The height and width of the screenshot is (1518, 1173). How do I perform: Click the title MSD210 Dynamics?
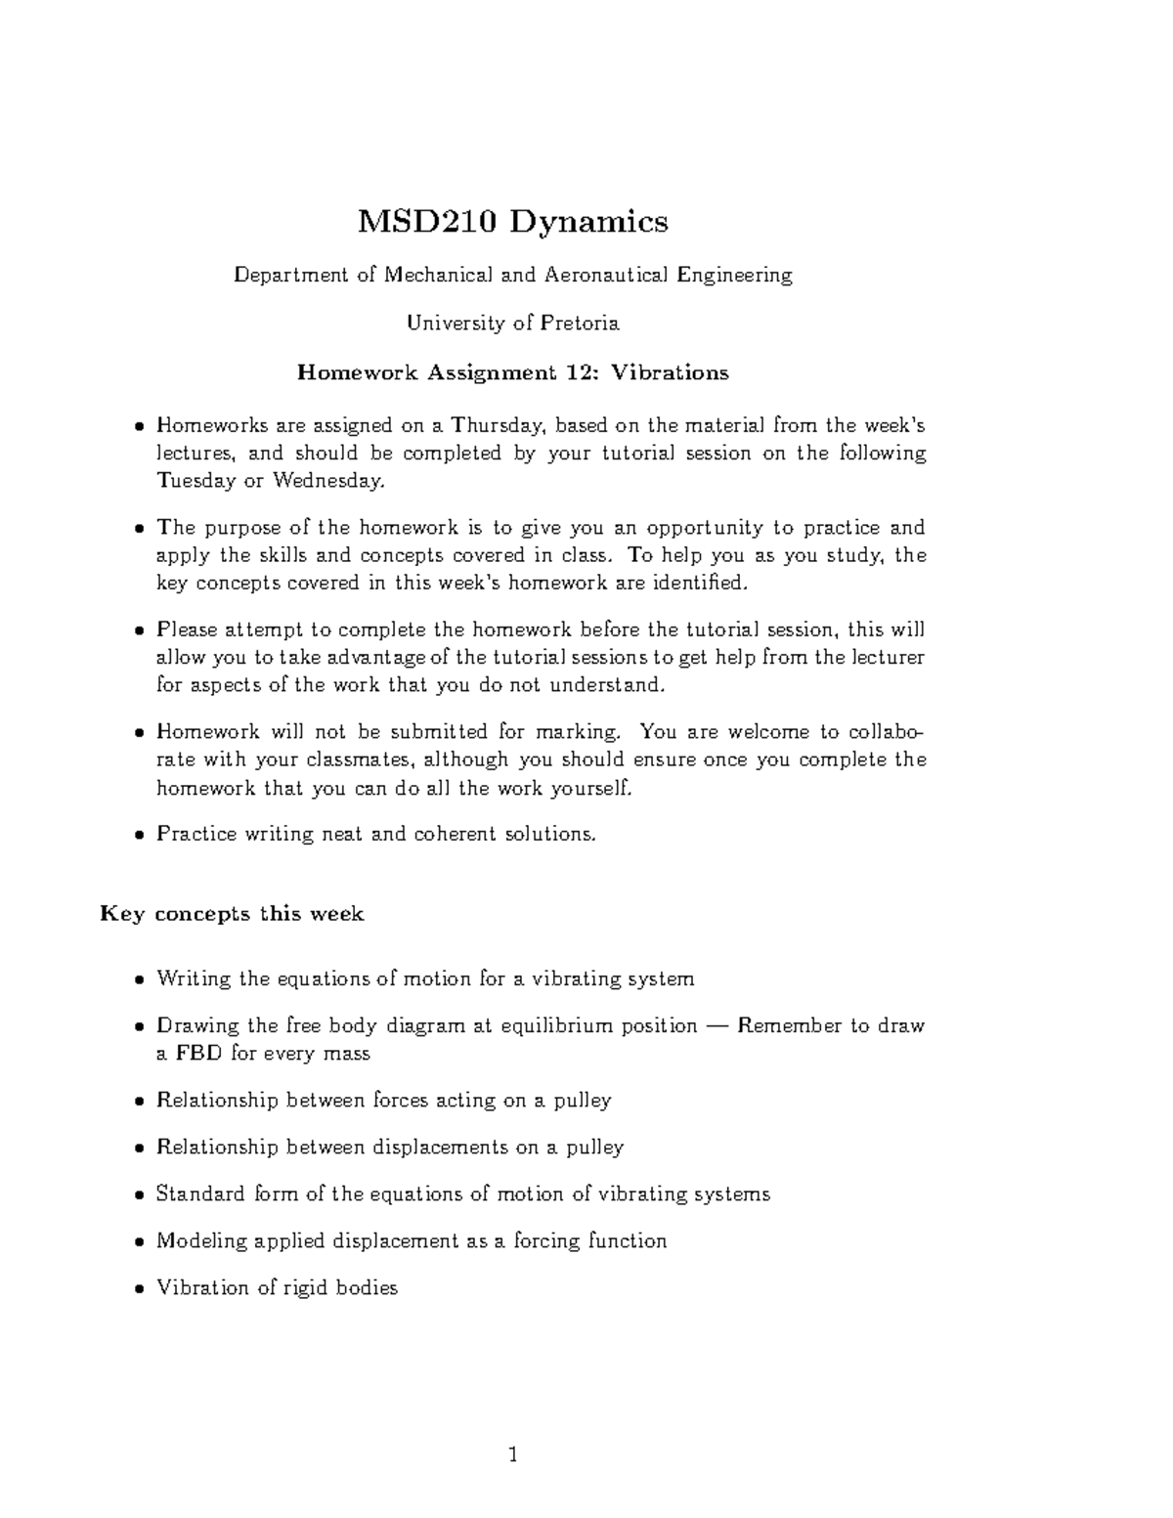(512, 223)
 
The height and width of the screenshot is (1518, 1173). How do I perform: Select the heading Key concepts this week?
(232, 915)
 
